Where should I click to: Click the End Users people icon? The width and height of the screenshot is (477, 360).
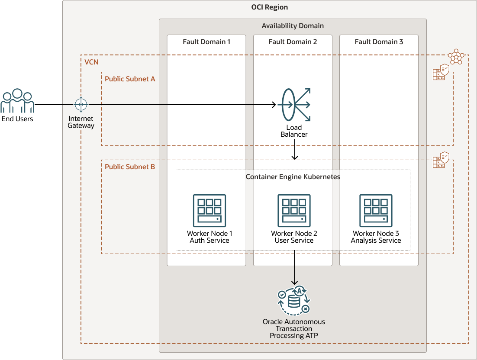(17, 101)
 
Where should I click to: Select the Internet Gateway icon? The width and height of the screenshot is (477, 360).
(81, 104)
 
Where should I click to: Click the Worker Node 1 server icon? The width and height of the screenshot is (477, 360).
(209, 211)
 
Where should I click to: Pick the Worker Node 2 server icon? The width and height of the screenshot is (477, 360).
(294, 211)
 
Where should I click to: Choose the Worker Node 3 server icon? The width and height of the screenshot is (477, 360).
(376, 211)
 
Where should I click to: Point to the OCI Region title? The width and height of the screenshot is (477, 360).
(269, 7)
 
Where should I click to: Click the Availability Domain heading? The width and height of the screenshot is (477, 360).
(293, 26)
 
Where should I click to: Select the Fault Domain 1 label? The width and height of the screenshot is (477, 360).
(206, 42)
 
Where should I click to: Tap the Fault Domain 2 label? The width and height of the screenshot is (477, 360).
(293, 42)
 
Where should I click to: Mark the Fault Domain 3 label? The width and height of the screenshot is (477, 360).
(379, 42)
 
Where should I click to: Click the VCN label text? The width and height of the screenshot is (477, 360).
(91, 63)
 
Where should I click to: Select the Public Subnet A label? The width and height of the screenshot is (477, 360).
(130, 79)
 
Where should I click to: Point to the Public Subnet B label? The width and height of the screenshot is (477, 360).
(130, 167)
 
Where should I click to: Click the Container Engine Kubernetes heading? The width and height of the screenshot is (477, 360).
(293, 177)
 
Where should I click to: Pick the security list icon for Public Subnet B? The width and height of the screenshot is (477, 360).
(441, 160)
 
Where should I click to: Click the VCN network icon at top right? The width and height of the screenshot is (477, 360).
(456, 56)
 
